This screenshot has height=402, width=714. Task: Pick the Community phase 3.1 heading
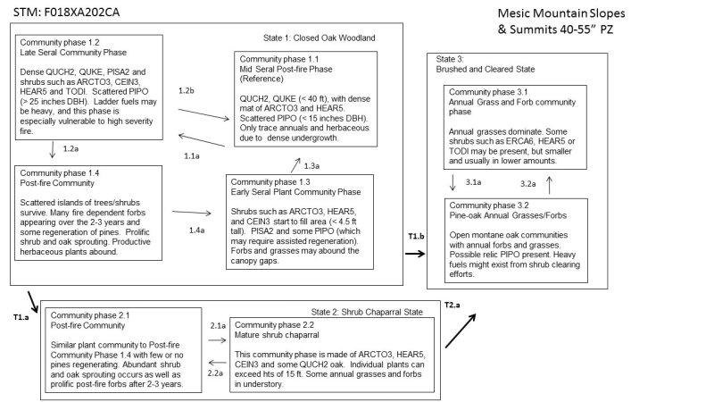tap(493, 91)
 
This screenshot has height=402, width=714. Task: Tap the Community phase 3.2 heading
tap(493, 205)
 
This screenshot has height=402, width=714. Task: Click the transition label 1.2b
tap(187, 93)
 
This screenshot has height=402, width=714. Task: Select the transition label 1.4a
tap(194, 230)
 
